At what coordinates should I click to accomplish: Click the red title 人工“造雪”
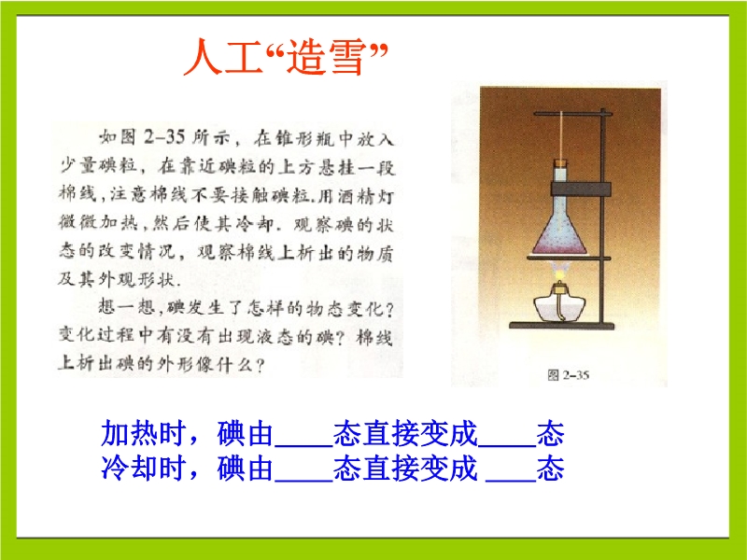click(x=287, y=57)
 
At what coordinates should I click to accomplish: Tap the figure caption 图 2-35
click(x=569, y=375)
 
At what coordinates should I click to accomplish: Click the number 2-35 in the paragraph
click(x=164, y=137)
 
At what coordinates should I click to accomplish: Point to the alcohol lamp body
click(x=559, y=306)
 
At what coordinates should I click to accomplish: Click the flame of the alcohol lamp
click(x=561, y=273)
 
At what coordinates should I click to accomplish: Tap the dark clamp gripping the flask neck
click(x=581, y=189)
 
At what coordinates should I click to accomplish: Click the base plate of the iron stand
click(x=562, y=326)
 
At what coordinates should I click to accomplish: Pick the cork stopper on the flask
click(x=561, y=162)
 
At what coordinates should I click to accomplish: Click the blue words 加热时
click(x=143, y=433)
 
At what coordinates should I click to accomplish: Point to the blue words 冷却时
click(x=143, y=469)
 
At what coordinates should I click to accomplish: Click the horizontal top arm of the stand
click(x=570, y=113)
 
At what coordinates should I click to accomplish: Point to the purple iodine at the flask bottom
click(x=561, y=245)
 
